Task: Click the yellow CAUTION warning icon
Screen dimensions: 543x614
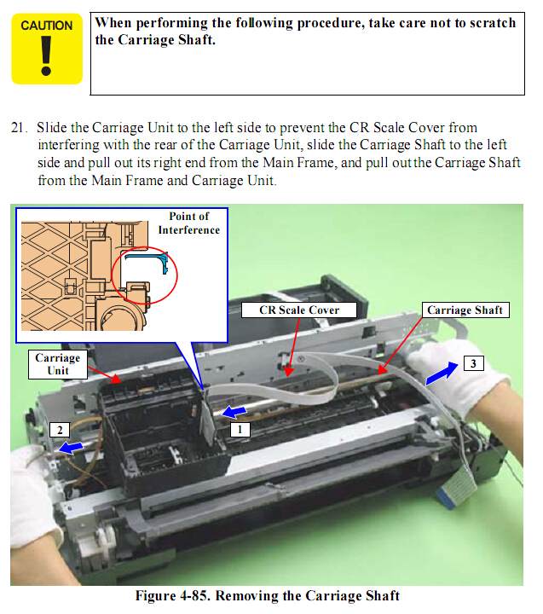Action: pos(47,49)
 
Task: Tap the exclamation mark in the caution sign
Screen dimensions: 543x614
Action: pos(46,55)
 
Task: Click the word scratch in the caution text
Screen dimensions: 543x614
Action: pos(493,23)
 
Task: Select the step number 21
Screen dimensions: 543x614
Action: pos(19,128)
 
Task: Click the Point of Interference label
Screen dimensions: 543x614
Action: pos(189,223)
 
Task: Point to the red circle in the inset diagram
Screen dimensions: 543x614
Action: pos(144,275)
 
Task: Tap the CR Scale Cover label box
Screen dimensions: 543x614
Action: pos(299,310)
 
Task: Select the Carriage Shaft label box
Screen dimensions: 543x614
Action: pos(465,310)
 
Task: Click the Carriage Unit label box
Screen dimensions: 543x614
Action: pos(58,364)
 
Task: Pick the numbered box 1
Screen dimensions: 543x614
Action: pos(240,429)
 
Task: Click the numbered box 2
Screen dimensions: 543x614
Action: pos(60,430)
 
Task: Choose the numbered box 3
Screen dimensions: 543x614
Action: pos(473,363)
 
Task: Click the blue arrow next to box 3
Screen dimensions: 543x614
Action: pos(442,374)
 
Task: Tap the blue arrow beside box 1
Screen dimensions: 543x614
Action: pos(234,412)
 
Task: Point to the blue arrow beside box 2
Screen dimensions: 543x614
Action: pos(71,447)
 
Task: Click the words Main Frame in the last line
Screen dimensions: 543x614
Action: pos(127,181)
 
